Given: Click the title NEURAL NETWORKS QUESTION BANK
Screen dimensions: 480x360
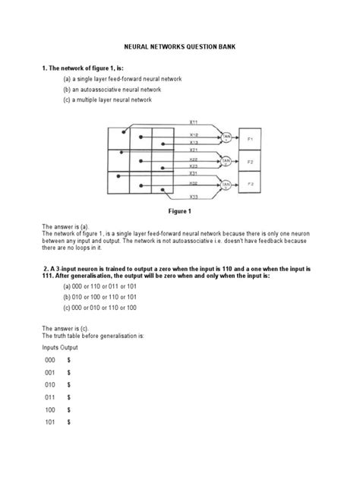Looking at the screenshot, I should pos(180,47).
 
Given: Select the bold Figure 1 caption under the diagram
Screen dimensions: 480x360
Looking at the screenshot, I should pos(179,210).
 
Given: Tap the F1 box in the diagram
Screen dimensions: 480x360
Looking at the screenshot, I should pos(251,139).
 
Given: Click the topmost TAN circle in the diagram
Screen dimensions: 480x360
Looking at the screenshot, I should pos(225,137).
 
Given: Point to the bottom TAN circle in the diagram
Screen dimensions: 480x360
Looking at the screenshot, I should pos(225,183).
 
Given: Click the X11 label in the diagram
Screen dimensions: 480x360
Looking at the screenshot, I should pos(194,122).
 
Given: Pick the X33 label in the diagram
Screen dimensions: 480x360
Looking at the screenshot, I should pos(194,196).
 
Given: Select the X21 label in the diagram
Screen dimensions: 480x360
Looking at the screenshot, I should pos(194,150).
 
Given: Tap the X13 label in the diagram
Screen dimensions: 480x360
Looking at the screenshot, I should pos(194,142).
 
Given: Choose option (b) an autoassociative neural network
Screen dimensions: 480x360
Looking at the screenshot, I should pos(112,89).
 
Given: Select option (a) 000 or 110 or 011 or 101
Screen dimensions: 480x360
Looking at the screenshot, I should pos(99,287).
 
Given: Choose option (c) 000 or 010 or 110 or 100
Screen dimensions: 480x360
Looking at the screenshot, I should pos(99,308).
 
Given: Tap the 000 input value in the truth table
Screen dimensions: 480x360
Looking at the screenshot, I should pos(50,359).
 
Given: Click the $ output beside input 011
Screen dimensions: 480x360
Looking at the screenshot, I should pos(68,396).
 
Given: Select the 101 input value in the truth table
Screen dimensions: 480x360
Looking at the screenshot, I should pos(50,422).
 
